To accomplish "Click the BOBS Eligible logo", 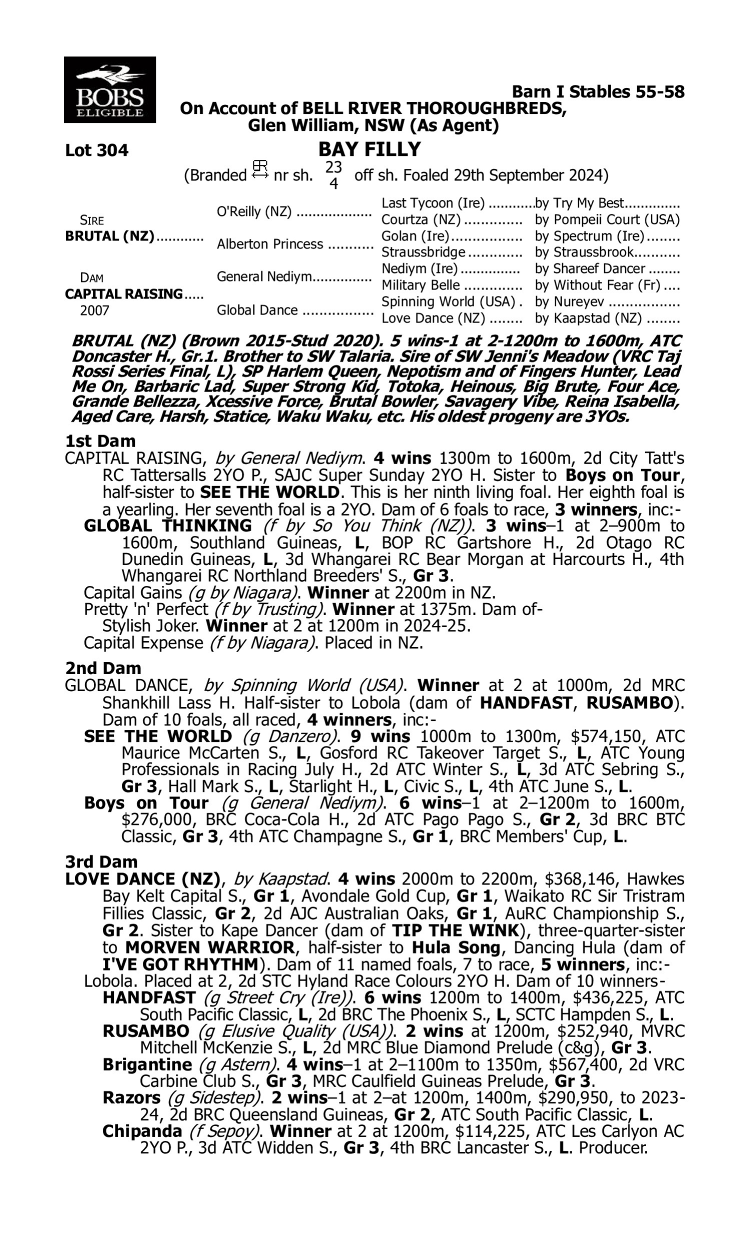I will pyautogui.click(x=109, y=90).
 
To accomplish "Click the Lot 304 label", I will pyautogui.click(x=96, y=150).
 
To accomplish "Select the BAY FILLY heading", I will pyautogui.click(x=369, y=149).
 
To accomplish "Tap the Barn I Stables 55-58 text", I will pyautogui.click(x=598, y=91).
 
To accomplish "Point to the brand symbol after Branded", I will pyautogui.click(x=260, y=170).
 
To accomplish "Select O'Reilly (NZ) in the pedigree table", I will pyautogui.click(x=253, y=211).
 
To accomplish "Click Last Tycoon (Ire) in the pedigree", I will pyautogui.click(x=432, y=203).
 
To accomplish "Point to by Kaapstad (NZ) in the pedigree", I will pyautogui.click(x=588, y=318).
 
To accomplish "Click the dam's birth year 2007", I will pyautogui.click(x=94, y=310).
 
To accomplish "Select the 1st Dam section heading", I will pyautogui.click(x=100, y=441).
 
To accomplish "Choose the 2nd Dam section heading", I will pyautogui.click(x=102, y=668).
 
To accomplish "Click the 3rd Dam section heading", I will pyautogui.click(x=101, y=861).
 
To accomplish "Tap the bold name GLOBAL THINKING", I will pyautogui.click(x=167, y=525).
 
